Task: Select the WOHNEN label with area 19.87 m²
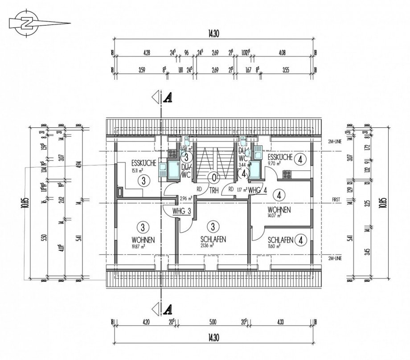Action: [143, 240]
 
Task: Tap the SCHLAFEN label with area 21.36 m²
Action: [213, 239]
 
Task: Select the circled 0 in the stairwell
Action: [214, 178]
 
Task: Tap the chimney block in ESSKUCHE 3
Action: [120, 192]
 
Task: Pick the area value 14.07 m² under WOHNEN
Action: [274, 216]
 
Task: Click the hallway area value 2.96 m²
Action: [186, 198]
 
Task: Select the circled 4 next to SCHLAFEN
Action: [302, 240]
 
